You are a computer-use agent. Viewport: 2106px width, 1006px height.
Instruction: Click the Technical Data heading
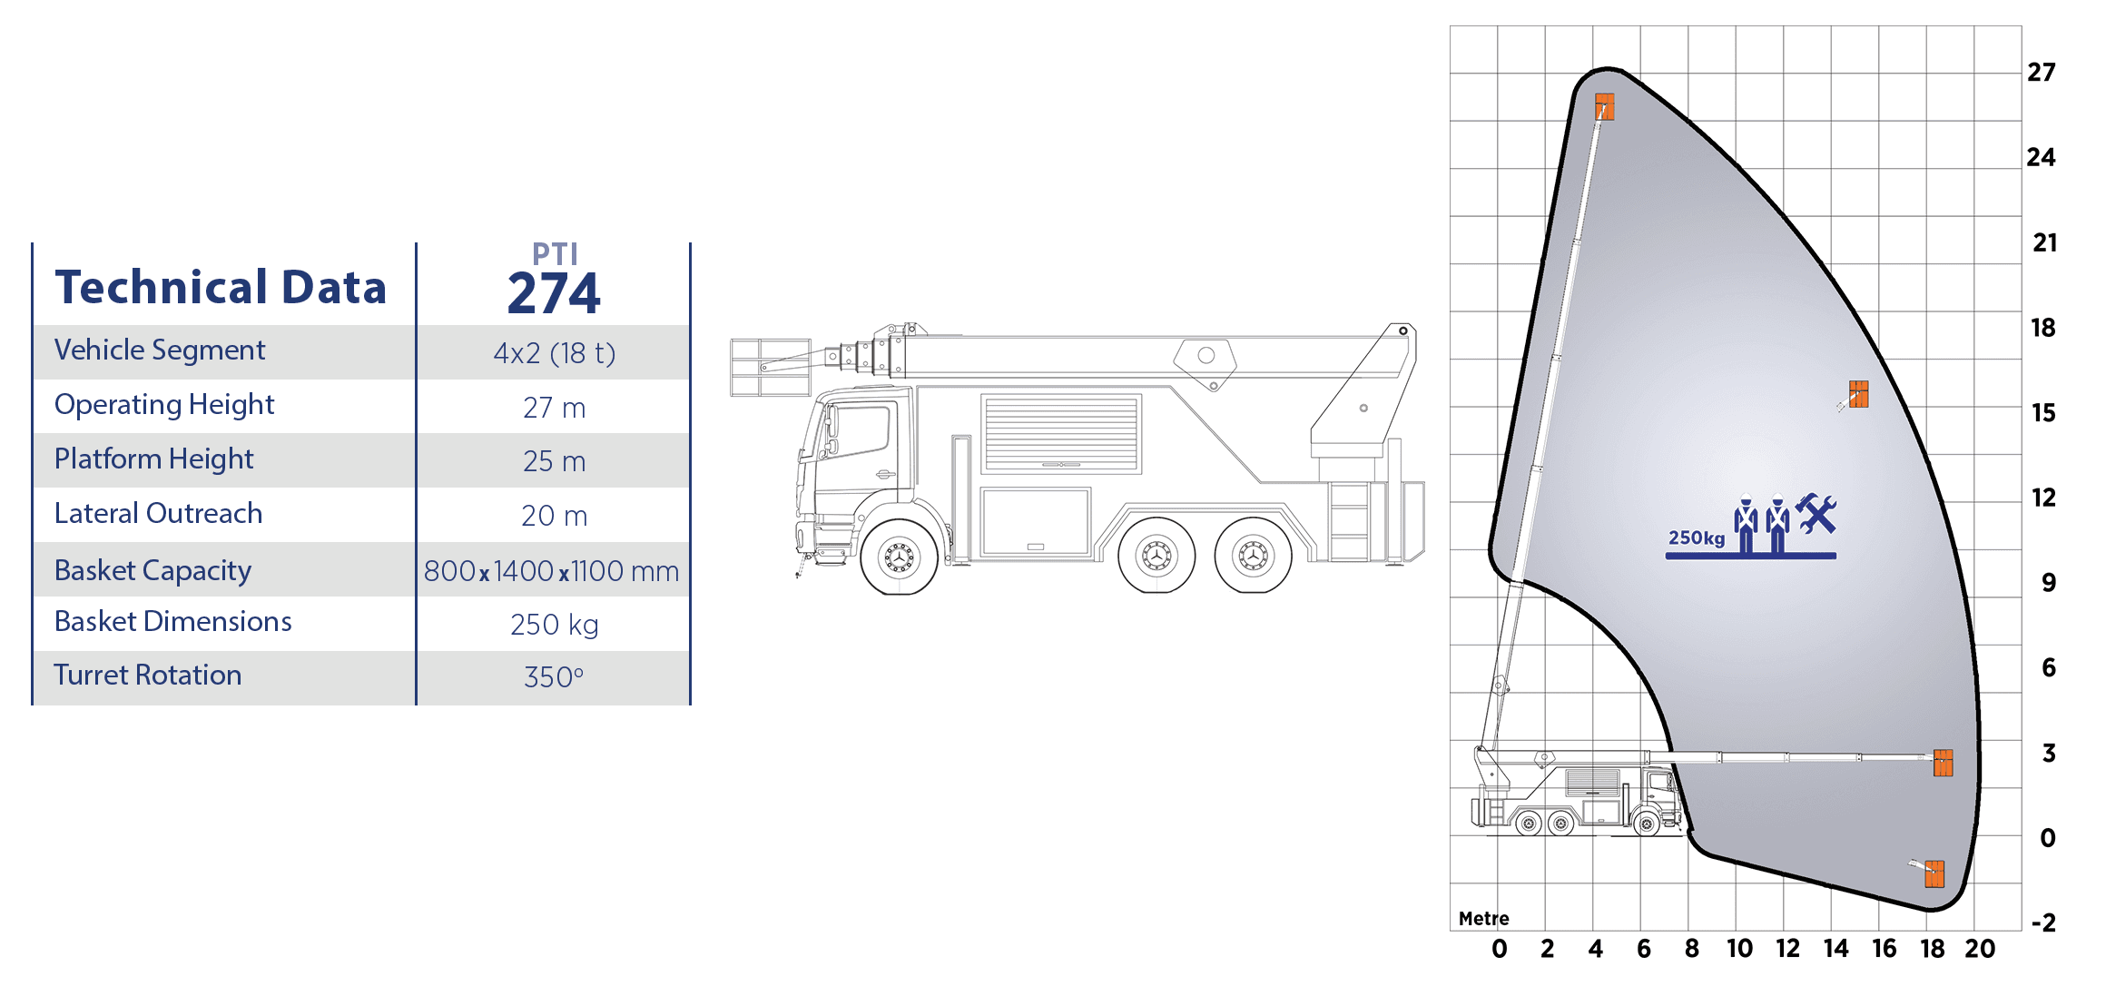(x=221, y=287)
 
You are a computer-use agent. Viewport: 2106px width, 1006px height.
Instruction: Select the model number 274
(x=554, y=292)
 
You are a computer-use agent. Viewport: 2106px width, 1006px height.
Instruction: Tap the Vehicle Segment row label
(x=160, y=350)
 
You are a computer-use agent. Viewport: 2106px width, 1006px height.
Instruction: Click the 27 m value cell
(x=554, y=408)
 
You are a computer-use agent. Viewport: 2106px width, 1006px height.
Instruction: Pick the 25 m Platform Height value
(x=554, y=461)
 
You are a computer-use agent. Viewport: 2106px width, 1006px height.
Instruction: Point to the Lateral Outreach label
(x=158, y=514)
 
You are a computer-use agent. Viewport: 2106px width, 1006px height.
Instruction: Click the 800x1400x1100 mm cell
(x=551, y=571)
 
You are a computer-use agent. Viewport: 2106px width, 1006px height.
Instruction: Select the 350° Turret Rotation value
(x=554, y=677)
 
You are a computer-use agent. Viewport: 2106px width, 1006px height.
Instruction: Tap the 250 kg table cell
(x=554, y=625)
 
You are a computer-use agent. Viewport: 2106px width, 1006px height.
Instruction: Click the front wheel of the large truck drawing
(x=900, y=557)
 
